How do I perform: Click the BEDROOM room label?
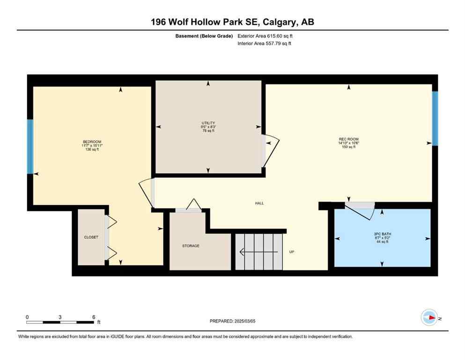click(x=92, y=142)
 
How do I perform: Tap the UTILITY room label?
click(x=208, y=123)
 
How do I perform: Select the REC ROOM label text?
click(x=349, y=139)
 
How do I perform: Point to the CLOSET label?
click(x=91, y=237)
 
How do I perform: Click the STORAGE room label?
click(x=191, y=246)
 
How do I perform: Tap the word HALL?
click(x=259, y=203)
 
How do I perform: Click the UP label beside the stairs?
click(x=291, y=252)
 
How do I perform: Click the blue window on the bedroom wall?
click(x=30, y=146)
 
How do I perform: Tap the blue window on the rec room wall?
click(x=435, y=118)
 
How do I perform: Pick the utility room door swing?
click(x=270, y=151)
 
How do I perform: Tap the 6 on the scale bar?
click(x=94, y=317)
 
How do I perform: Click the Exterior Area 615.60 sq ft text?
click(x=267, y=36)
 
